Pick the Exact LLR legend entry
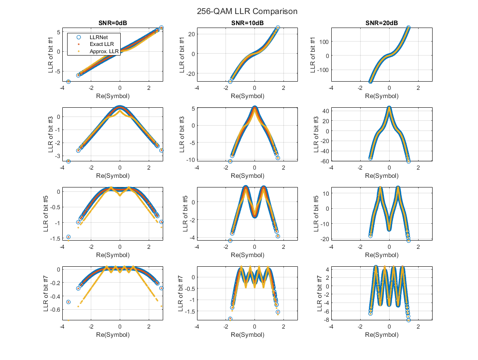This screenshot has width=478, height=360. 99,44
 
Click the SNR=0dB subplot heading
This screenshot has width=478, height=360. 112,23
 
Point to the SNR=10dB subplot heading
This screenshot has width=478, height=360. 247,23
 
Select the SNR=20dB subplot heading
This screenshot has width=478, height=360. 381,23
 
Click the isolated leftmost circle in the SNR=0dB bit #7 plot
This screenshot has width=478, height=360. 69,302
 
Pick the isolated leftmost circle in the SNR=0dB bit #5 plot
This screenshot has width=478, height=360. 69,237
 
